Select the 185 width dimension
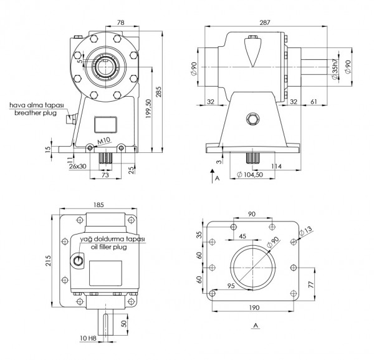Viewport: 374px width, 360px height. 98,205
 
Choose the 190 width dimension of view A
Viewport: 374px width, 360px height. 253,307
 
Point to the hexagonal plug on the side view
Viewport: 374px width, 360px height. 252,119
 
